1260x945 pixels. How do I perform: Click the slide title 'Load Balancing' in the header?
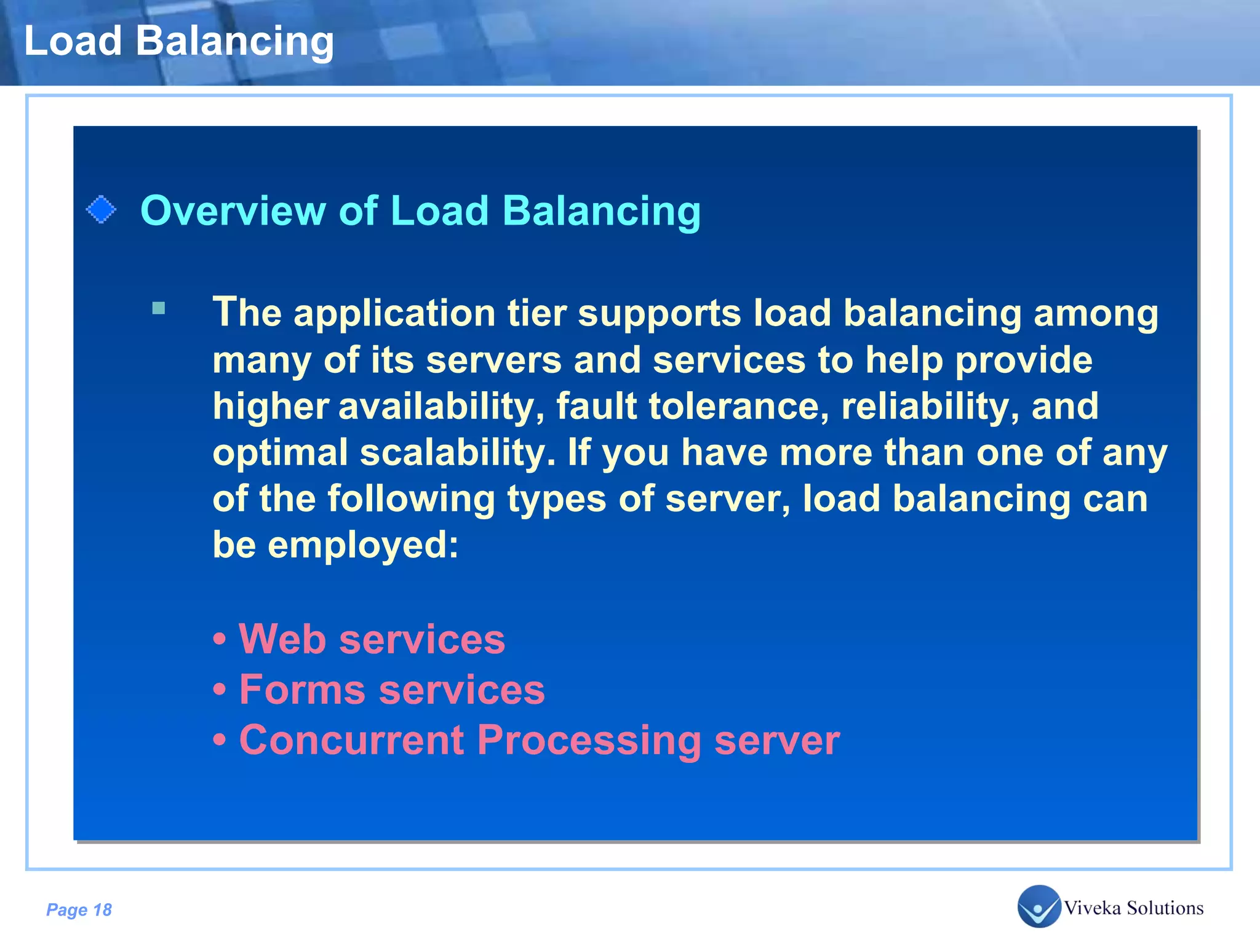178,42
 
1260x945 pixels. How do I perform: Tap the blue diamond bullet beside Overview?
101,210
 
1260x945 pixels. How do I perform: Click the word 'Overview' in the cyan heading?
233,211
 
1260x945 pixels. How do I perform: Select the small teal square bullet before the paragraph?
159,308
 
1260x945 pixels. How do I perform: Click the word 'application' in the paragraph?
394,314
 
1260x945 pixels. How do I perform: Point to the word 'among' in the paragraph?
1096,314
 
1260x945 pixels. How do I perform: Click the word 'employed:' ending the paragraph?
363,546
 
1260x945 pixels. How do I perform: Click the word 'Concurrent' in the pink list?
351,740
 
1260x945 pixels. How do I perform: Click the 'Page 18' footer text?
79,910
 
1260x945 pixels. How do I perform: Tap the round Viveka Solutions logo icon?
1039,906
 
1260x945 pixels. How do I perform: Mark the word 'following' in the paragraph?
411,499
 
